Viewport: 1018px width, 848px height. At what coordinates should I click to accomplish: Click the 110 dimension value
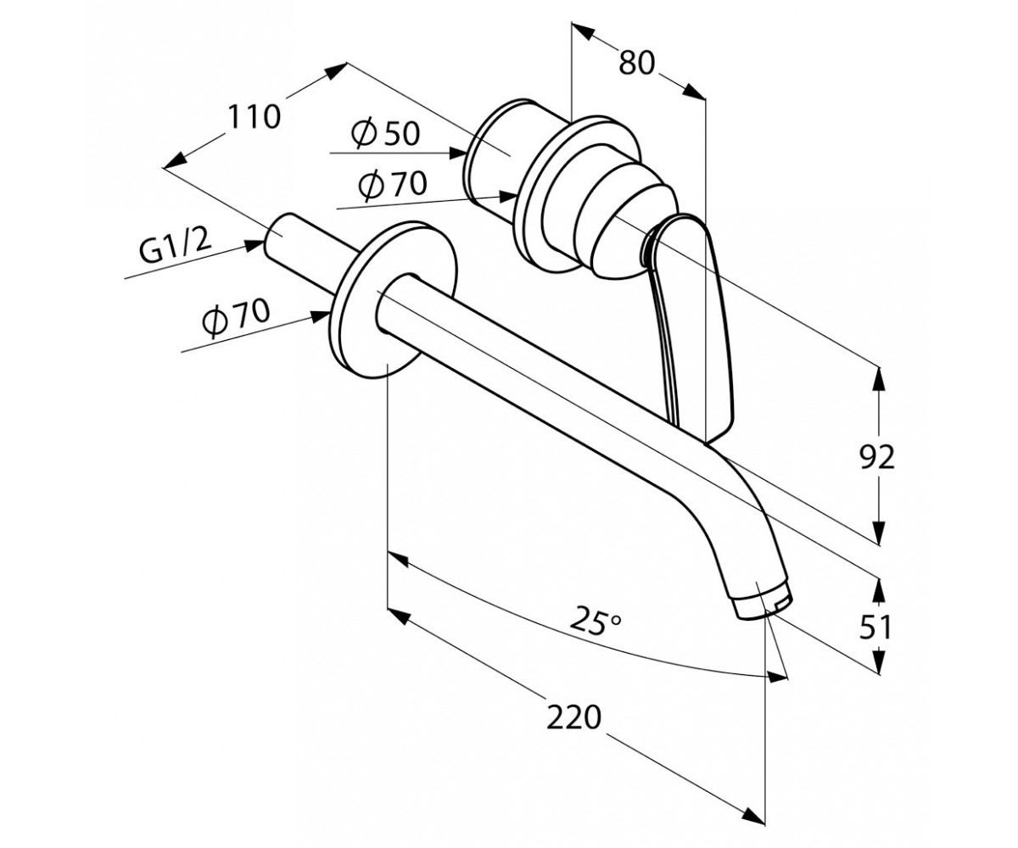pos(254,117)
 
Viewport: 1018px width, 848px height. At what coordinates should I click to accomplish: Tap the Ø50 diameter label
pos(385,133)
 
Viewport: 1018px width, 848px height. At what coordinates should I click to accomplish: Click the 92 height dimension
pos(877,457)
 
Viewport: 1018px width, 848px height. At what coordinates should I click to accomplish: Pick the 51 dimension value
pos(875,627)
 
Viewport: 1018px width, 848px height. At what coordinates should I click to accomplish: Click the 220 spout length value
pos(573,717)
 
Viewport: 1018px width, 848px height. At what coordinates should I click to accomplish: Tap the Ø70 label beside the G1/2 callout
pos(236,318)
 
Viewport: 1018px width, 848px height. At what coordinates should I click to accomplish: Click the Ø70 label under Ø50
pos(393,184)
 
